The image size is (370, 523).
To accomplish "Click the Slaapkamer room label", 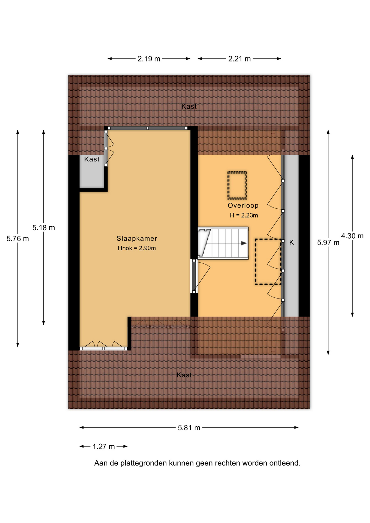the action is pos(137,238).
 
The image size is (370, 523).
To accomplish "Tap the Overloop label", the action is pos(243,205).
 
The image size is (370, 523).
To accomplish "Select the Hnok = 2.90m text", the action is pos(137,248).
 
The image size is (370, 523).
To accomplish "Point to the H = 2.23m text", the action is pos(244,215).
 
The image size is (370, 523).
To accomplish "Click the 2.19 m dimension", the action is pos(149,59).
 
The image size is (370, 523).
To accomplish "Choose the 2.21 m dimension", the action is pos(239,59).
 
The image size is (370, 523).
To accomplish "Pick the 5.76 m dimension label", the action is pos(18,239).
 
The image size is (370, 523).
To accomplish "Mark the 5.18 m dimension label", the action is pos(44,227).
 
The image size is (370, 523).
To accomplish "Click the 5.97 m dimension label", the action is pos(328,242).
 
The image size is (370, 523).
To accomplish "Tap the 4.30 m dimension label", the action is pos(352,236).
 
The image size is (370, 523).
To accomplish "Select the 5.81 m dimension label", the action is pos(189,428).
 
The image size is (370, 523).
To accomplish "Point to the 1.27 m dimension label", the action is pos(104,446).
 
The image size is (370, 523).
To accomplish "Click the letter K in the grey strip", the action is pos(292,242).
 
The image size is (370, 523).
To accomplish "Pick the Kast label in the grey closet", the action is pos(92,159).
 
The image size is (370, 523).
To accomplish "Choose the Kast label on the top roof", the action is pos(189,107).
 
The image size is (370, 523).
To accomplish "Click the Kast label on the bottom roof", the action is pos(184,375).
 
